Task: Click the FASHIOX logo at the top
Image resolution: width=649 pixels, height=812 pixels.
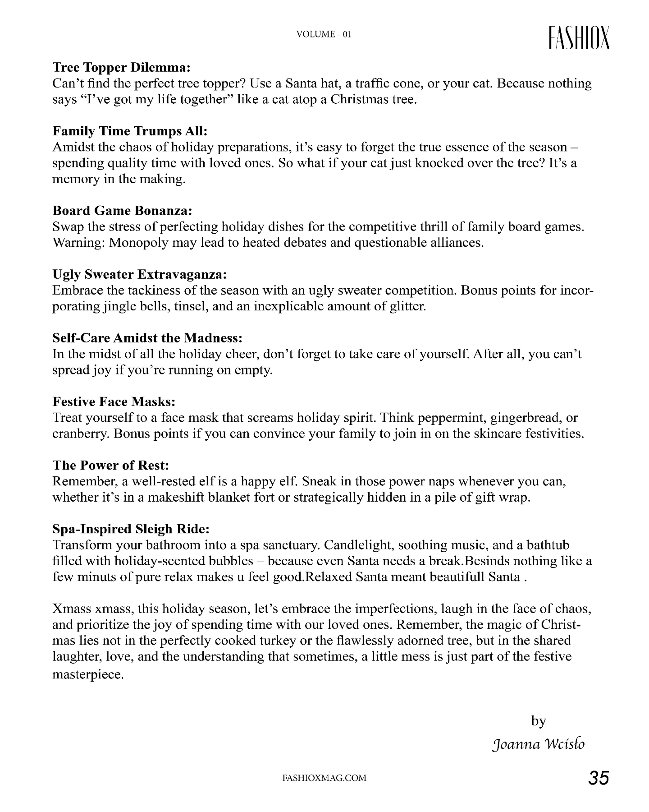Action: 579,37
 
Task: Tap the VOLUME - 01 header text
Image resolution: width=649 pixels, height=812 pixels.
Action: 324,34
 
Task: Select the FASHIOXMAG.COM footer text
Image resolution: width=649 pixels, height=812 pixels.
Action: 324,778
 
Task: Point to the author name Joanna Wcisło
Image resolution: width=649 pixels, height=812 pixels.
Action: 539,744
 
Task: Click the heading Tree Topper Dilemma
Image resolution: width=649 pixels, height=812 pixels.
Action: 122,68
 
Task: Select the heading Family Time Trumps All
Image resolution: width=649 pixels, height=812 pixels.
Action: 130,131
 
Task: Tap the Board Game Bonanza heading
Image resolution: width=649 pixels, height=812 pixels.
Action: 122,211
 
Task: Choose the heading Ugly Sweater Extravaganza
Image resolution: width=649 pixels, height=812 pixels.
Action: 139,274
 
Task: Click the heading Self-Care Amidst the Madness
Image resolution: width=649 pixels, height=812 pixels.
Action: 147,338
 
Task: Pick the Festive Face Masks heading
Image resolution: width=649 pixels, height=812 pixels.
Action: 114,401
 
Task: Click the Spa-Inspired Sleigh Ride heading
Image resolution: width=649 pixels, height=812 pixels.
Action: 131,529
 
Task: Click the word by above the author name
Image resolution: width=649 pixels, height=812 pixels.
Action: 539,721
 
